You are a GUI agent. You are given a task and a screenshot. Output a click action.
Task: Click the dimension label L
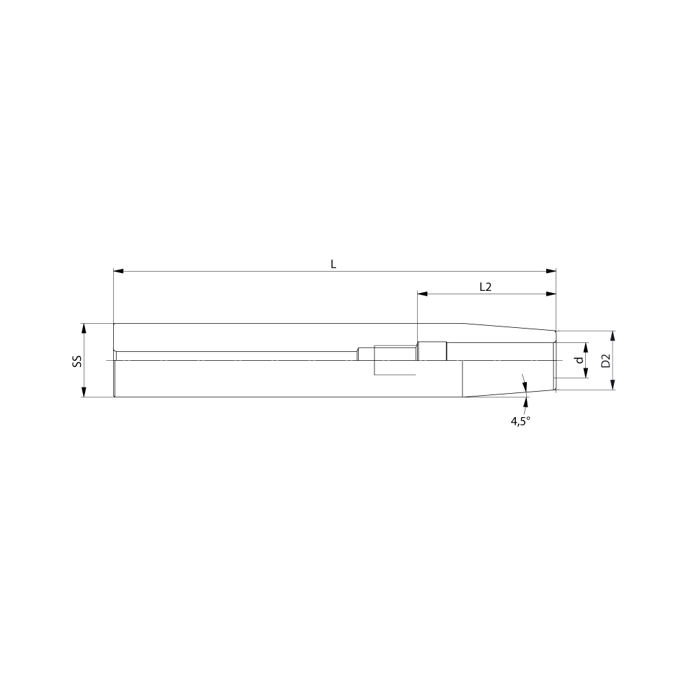pyautogui.click(x=333, y=264)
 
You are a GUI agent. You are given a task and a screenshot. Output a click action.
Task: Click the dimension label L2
pyautogui.click(x=486, y=287)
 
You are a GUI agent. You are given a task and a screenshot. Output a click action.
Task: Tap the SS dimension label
pyautogui.click(x=77, y=361)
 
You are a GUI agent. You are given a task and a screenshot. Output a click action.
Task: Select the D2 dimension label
pyautogui.click(x=606, y=361)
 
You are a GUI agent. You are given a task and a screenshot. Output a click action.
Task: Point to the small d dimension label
pyautogui.click(x=580, y=360)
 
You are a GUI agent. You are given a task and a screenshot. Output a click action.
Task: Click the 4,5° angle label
pyautogui.click(x=520, y=421)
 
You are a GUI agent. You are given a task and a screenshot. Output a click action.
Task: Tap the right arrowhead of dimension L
pyautogui.click(x=551, y=271)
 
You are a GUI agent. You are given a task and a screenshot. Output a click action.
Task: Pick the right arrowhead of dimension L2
pyautogui.click(x=551, y=294)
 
